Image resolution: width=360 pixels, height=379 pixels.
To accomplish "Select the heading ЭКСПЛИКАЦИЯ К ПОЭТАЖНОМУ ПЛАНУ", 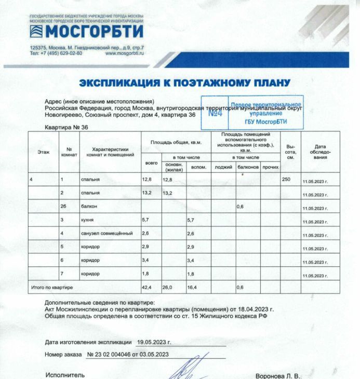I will point(184,83).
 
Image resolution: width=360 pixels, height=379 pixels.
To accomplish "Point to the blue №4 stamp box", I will point(215,113).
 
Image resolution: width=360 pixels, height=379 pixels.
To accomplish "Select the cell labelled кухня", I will point(87,221).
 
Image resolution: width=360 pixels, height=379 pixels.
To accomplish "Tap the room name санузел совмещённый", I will point(104,233).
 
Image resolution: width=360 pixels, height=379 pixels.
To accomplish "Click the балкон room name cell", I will point(89,207).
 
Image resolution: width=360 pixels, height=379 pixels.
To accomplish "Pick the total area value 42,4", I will point(146,287).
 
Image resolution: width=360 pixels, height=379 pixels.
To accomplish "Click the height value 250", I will point(286,179).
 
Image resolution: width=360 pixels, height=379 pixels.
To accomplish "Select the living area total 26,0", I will point(167,287).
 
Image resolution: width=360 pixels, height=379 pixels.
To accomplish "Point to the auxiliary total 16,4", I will point(193,287).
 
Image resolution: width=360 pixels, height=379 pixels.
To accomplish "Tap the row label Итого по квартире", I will point(52,287).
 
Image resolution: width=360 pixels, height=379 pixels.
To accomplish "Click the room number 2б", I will point(63,207).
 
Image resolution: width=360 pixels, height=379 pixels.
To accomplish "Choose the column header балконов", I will point(248,167).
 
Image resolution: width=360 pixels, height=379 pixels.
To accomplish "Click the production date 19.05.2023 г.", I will point(154,343).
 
